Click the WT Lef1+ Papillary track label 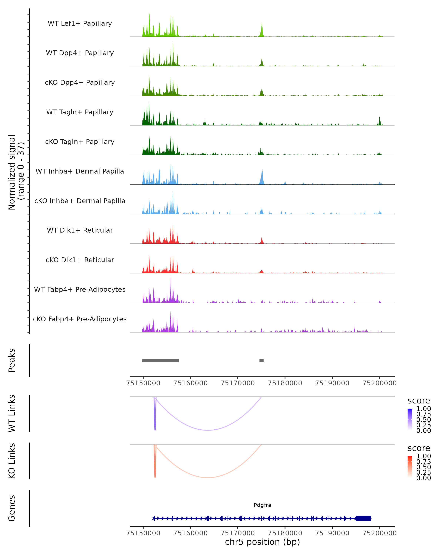[80, 23]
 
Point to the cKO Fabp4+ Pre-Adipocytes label [80, 319]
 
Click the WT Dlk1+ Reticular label [80, 230]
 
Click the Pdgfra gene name [262, 505]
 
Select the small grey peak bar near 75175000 [262, 360]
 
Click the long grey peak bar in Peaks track [161, 360]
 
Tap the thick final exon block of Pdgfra [363, 518]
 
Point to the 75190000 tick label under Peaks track [332, 383]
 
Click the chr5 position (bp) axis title [262, 542]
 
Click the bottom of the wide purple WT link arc [208, 430]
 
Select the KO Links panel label [12, 461]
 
